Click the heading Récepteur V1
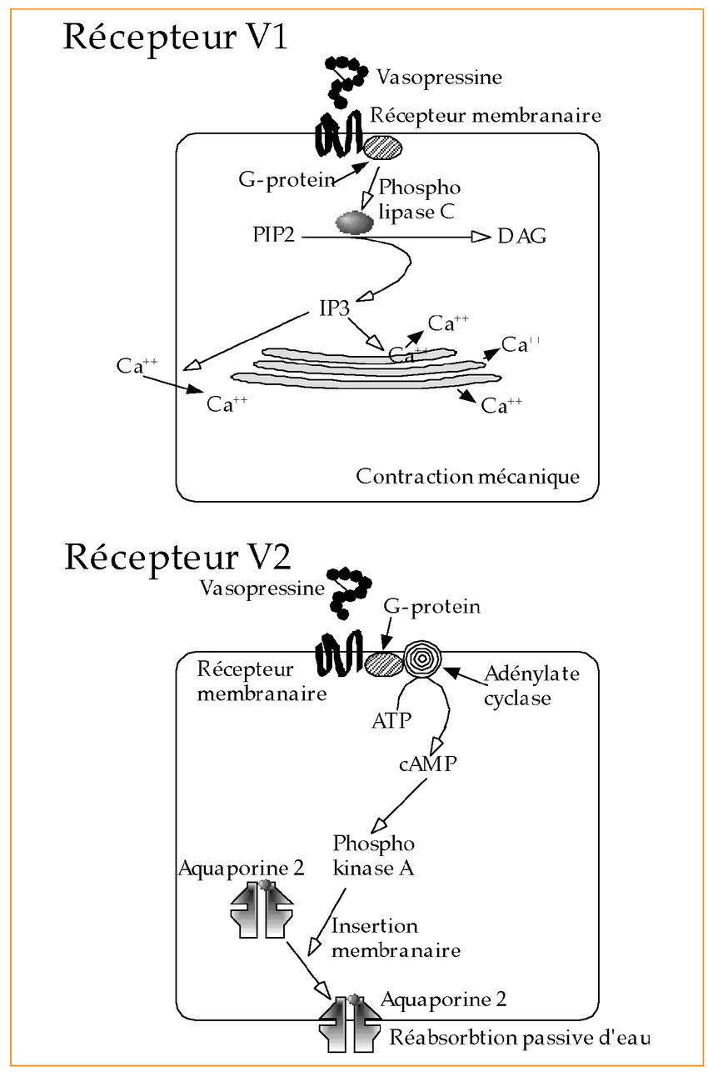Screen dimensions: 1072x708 pyautogui.click(x=175, y=38)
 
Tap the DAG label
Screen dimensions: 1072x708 pyautogui.click(x=522, y=238)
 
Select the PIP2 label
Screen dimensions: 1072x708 pyautogui.click(x=275, y=238)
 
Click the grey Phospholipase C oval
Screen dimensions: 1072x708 pyautogui.click(x=355, y=222)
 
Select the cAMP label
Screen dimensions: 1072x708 pyautogui.click(x=428, y=764)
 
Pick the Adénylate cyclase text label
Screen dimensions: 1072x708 pyautogui.click(x=532, y=685)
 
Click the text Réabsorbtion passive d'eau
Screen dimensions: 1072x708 pyautogui.click(x=519, y=1039)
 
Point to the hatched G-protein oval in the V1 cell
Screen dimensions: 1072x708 pyautogui.click(x=383, y=148)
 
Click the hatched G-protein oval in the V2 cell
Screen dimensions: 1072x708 pyautogui.click(x=383, y=663)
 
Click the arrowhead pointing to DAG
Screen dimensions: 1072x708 pyautogui.click(x=481, y=238)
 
